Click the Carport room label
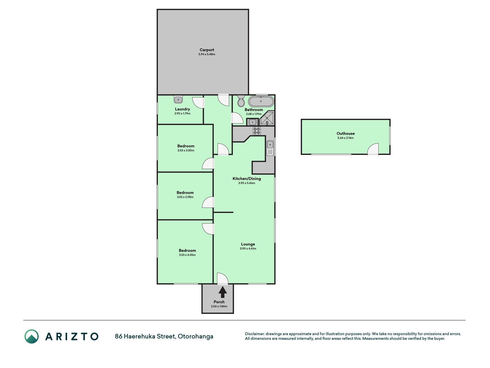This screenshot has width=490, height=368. coord(207,50)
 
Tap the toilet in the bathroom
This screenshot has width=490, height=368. coord(241,101)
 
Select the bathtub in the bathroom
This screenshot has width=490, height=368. coord(261,101)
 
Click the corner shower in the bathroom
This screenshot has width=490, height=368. coord(267,118)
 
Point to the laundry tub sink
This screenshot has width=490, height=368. coord(178,99)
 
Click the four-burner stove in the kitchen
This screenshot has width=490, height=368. coord(257,131)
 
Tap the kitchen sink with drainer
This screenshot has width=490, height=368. coord(270,148)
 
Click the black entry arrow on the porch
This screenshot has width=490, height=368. coord(222,292)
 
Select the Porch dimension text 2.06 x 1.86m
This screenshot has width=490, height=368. coord(219,306)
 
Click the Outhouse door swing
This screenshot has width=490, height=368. coord(373,149)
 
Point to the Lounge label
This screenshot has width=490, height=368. coord(248,244)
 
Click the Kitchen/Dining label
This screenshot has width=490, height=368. coord(247,179)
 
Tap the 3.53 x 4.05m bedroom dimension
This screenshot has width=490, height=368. coord(187,255)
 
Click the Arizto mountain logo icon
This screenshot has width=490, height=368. coord(32,336)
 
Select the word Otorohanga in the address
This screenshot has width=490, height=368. coord(195,336)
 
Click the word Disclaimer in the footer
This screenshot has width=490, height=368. coord(254,334)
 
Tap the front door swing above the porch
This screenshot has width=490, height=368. coord(222,279)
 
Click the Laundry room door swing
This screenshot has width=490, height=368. coord(198,103)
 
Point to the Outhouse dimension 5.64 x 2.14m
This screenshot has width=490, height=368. coord(346,138)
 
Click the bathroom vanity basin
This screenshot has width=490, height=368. coord(252,122)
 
